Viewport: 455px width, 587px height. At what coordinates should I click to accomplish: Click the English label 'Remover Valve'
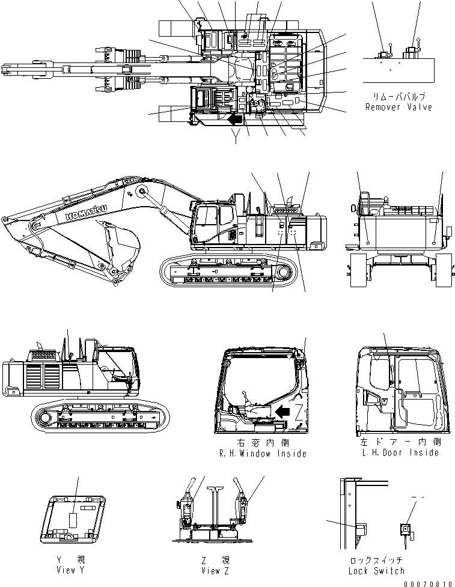coord(399,107)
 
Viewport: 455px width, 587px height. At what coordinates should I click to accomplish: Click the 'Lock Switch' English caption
coord(376,570)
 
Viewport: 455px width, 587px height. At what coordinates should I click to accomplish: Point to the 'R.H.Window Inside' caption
coord(263,454)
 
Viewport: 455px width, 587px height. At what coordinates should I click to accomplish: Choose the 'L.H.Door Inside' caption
coord(398,452)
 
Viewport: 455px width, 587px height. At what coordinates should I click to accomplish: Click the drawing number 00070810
coord(428,583)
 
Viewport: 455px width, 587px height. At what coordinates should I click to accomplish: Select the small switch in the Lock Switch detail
coord(405,529)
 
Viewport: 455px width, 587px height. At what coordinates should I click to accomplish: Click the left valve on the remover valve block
coord(385,53)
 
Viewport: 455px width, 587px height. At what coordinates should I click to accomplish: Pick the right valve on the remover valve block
coord(412,52)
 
